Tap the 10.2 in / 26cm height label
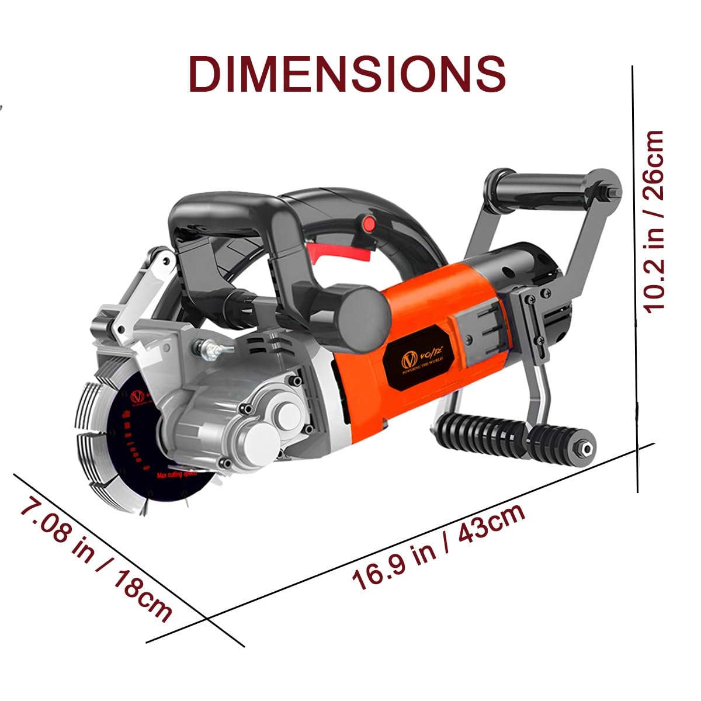tap(654, 222)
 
